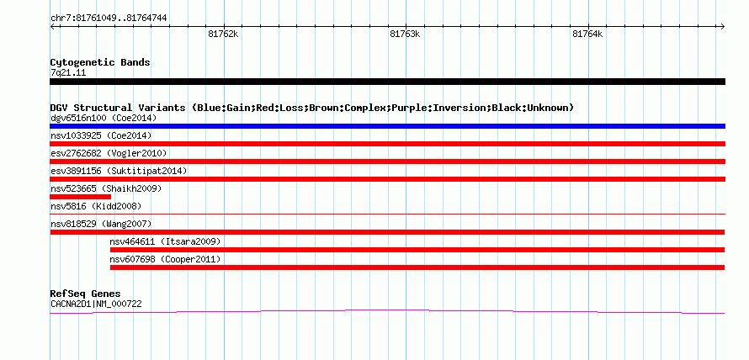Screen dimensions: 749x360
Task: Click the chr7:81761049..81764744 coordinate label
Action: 109,19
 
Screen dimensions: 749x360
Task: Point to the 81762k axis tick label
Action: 223,34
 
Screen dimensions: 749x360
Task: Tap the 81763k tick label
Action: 405,34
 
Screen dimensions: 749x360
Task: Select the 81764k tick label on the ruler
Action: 587,34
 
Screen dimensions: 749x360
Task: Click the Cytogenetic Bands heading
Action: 100,62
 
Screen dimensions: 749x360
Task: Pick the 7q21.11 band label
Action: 68,73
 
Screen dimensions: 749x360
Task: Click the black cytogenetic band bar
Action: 387,82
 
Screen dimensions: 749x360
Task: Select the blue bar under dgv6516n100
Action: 387,126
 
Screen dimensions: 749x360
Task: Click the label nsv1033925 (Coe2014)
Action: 101,136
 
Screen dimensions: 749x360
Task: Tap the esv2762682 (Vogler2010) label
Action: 109,154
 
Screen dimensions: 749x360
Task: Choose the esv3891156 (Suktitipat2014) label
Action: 119,172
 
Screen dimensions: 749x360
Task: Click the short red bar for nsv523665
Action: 80,197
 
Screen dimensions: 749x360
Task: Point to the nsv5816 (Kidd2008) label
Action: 96,207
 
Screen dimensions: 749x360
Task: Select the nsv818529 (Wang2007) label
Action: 101,225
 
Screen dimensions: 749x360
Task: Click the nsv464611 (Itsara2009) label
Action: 165,242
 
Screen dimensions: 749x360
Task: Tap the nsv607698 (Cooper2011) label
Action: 165,260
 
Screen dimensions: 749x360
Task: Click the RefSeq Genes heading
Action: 86,294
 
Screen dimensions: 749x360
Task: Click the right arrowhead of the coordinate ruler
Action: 723,26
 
